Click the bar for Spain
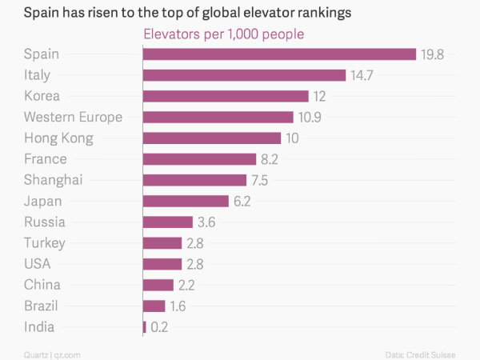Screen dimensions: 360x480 coord(279,54)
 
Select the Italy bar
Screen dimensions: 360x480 coord(244,75)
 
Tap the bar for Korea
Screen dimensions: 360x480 coord(226,96)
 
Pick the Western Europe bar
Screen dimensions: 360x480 coord(218,117)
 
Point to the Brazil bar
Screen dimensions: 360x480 coord(154,306)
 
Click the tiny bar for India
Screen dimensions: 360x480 coord(144,326)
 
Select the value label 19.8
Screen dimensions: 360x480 coord(432,54)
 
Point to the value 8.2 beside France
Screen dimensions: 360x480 coord(269,159)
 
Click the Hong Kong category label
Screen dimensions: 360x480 coord(58,138)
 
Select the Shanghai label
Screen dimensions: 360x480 coord(53,180)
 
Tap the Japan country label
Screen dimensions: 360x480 coord(43,201)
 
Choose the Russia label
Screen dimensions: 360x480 coord(45,222)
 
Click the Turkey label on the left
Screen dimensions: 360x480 coord(45,243)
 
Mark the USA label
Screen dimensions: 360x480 coord(37,264)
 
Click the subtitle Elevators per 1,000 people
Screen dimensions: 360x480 coord(222,34)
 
